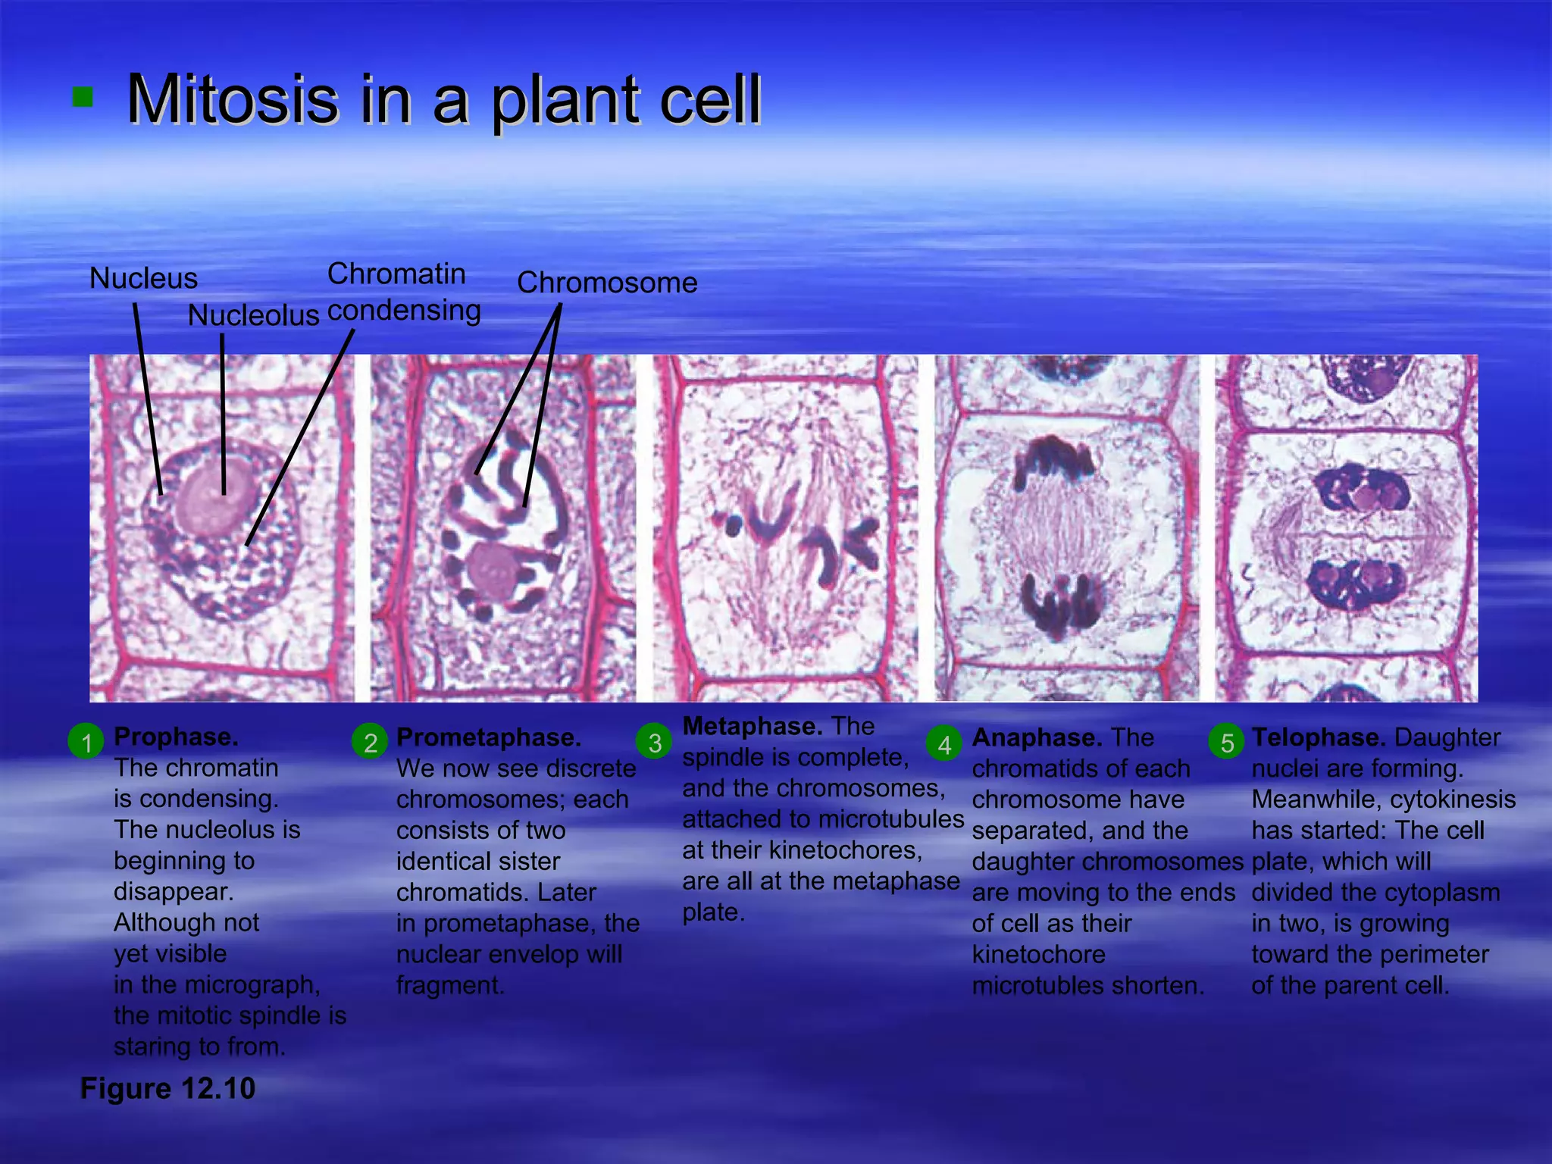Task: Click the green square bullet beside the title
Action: [83, 97]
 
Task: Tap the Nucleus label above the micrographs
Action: [143, 278]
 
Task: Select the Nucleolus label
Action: [253, 315]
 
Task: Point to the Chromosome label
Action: [606, 283]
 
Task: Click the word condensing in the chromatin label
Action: [404, 311]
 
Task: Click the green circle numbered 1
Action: [86, 742]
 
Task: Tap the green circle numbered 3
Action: [655, 742]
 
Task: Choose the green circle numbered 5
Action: [1227, 742]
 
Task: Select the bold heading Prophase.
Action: [176, 737]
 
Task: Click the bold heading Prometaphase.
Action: [488, 737]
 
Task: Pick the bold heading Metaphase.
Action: [752, 726]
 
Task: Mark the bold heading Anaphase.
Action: [1037, 737]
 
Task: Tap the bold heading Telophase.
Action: [1319, 737]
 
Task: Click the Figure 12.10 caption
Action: [167, 1088]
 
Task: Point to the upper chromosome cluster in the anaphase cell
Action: [1053, 461]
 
